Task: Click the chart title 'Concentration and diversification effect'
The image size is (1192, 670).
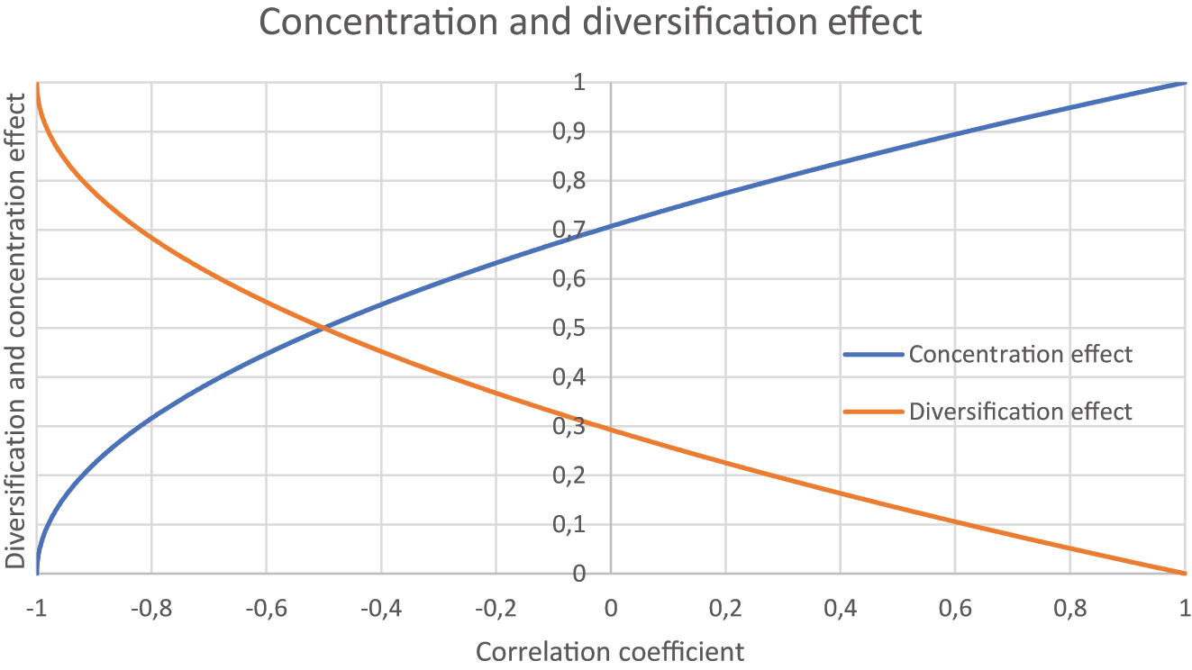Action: tap(590, 22)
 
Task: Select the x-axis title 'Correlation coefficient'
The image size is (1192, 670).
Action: tap(610, 651)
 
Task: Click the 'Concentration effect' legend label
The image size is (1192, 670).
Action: tap(1020, 354)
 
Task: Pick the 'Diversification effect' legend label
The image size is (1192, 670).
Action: tap(1020, 412)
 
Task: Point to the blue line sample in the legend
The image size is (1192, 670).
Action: tap(873, 355)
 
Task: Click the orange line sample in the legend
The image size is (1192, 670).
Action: tap(873, 412)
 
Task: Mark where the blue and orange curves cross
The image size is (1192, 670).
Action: tap(323, 329)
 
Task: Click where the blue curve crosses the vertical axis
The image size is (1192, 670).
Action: tap(611, 226)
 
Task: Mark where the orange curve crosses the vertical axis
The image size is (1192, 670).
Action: tap(611, 430)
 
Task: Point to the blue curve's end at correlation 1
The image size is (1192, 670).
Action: tap(1184, 83)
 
